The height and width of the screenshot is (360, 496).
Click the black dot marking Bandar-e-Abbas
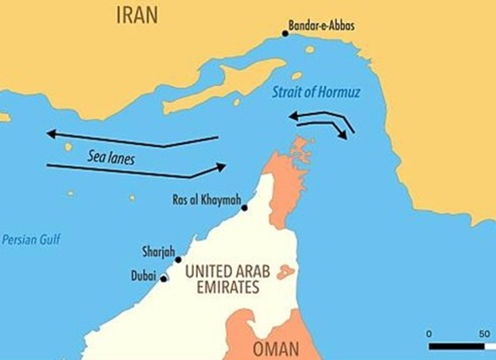click(285, 33)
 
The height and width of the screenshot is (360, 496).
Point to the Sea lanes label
click(111, 158)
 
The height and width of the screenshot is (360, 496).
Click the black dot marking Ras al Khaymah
click(244, 208)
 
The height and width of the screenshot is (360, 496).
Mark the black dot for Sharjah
click(178, 260)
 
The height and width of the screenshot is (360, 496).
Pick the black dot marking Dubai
click(165, 279)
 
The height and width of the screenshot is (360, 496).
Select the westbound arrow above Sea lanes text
click(131, 140)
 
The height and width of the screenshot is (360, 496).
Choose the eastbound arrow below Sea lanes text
click(135, 168)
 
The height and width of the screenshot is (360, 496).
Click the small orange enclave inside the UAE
click(286, 273)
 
